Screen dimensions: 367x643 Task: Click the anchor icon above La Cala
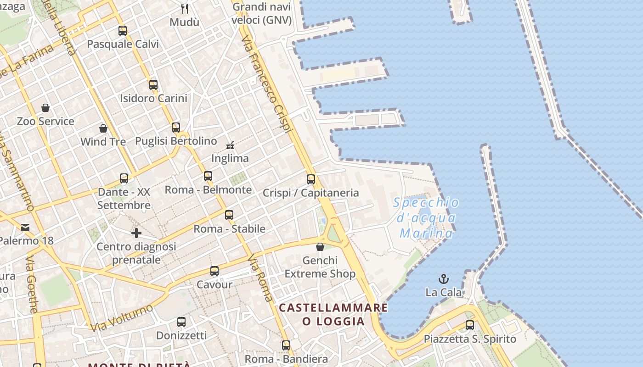444,278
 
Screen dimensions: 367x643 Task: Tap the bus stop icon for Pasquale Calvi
123,31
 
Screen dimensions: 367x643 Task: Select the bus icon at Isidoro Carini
153,84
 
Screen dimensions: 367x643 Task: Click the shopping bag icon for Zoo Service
45,108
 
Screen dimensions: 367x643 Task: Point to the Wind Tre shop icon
103,128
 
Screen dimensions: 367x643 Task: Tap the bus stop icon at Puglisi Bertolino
176,127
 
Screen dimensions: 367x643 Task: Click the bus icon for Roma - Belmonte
208,176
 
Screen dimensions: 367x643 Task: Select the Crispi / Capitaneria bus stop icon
311,179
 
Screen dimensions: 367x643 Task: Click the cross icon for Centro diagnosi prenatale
136,233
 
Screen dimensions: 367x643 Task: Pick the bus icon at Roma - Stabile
229,215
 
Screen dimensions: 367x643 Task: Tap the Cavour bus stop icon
214,271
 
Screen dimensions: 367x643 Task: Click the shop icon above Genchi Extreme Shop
320,247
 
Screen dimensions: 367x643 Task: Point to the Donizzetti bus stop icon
181,322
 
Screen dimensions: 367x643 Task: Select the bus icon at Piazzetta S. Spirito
470,325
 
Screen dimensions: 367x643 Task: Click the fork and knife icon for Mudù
185,8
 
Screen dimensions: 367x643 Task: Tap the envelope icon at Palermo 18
25,227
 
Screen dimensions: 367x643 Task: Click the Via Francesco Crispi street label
266,85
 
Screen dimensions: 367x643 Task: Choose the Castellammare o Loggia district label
333,314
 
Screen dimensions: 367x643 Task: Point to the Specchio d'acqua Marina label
426,218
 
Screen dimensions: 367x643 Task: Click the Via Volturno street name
122,317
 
